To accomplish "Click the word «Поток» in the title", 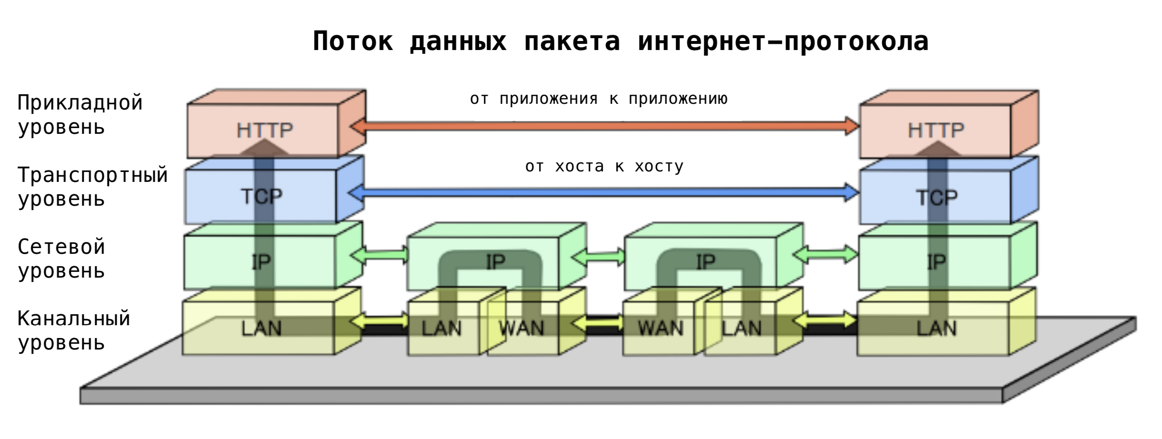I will click(352, 41).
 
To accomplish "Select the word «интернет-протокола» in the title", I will click(783, 41).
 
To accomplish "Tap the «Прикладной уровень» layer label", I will click(80, 115).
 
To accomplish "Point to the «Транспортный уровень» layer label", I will click(92, 187).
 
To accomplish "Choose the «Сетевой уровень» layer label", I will click(61, 259).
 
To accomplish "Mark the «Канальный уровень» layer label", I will click(74, 330).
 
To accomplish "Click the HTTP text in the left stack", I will click(265, 130).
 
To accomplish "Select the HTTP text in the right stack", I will click(936, 130).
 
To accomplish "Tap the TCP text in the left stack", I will click(261, 196).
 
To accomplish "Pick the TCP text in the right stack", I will click(937, 197).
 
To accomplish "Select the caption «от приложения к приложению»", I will click(599, 99).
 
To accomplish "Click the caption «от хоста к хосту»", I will click(604, 166).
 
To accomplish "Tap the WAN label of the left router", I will click(521, 328).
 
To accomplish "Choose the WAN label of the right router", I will click(660, 328).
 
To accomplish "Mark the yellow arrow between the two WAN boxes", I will click(598, 324).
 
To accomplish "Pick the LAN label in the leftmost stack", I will click(261, 328).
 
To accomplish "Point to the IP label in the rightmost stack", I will click(936, 262).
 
